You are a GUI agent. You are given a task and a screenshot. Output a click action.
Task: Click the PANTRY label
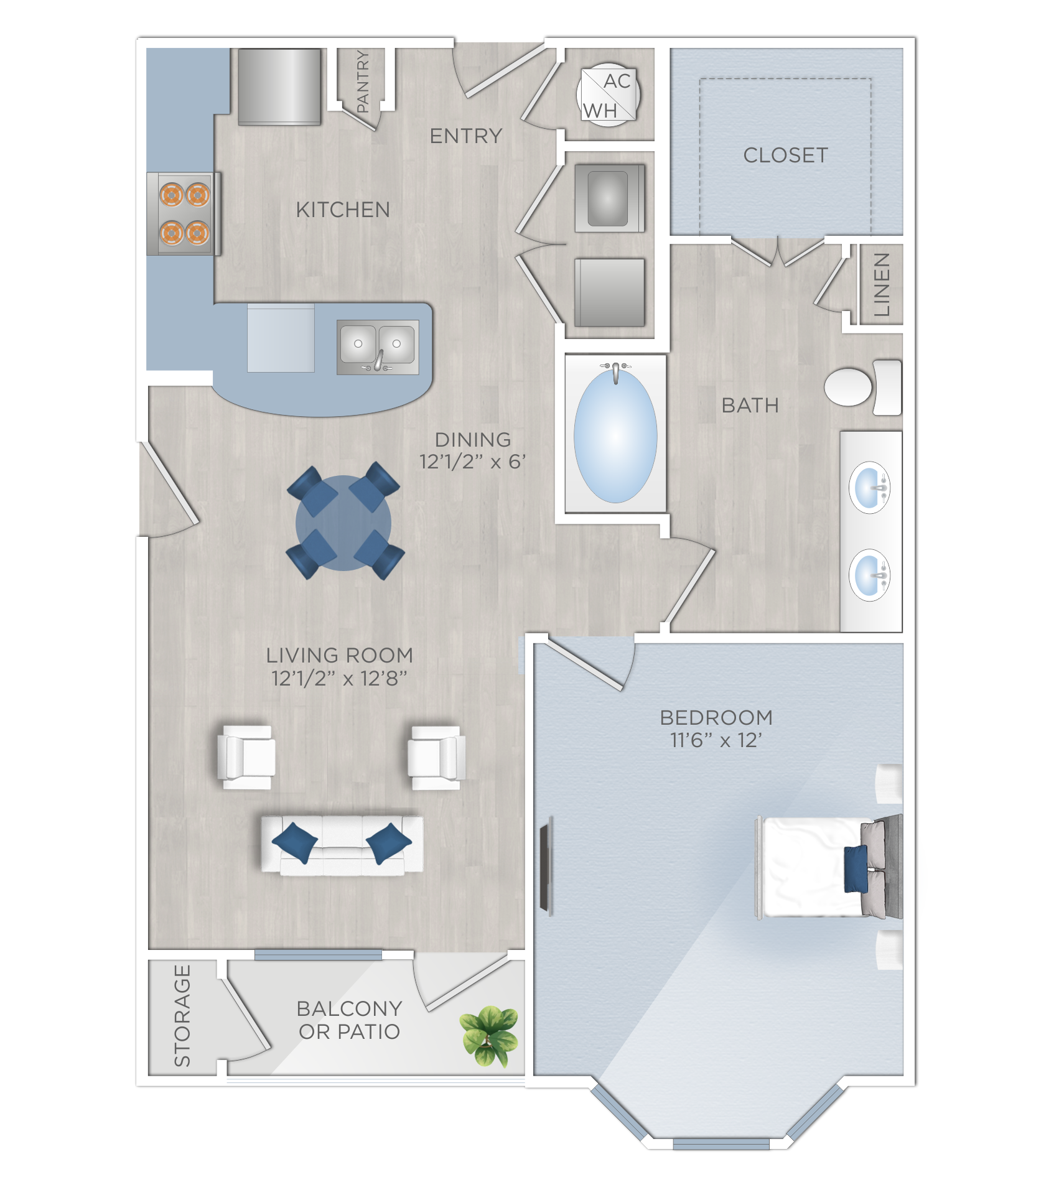(363, 81)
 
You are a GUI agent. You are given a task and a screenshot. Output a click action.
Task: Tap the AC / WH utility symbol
(608, 95)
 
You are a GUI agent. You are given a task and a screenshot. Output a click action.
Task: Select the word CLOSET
(785, 156)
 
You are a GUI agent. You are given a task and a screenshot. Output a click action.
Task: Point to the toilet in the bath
(862, 386)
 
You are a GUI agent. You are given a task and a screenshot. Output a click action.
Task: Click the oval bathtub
(615, 435)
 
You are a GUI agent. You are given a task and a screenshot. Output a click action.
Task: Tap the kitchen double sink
(377, 347)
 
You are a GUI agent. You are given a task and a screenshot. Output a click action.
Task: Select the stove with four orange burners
(184, 214)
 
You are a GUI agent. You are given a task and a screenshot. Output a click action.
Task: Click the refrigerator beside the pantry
(279, 86)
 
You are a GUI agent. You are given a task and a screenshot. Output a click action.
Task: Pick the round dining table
(343, 523)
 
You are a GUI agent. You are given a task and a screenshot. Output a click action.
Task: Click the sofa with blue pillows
(342, 845)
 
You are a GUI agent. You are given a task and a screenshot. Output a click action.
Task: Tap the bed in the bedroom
(821, 867)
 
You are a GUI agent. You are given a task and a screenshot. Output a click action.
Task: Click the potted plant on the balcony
(490, 1035)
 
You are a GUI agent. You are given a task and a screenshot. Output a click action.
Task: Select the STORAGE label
(182, 1015)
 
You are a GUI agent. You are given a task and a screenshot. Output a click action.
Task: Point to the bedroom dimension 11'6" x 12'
(716, 740)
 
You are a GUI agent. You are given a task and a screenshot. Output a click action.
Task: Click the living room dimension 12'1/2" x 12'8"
(339, 678)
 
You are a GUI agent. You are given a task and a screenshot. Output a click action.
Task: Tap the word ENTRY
(465, 136)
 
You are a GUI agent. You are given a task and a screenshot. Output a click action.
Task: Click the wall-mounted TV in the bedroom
(546, 867)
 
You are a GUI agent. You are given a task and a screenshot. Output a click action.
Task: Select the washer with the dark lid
(609, 198)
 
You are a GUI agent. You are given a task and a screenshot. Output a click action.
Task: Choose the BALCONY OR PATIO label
(349, 1020)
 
